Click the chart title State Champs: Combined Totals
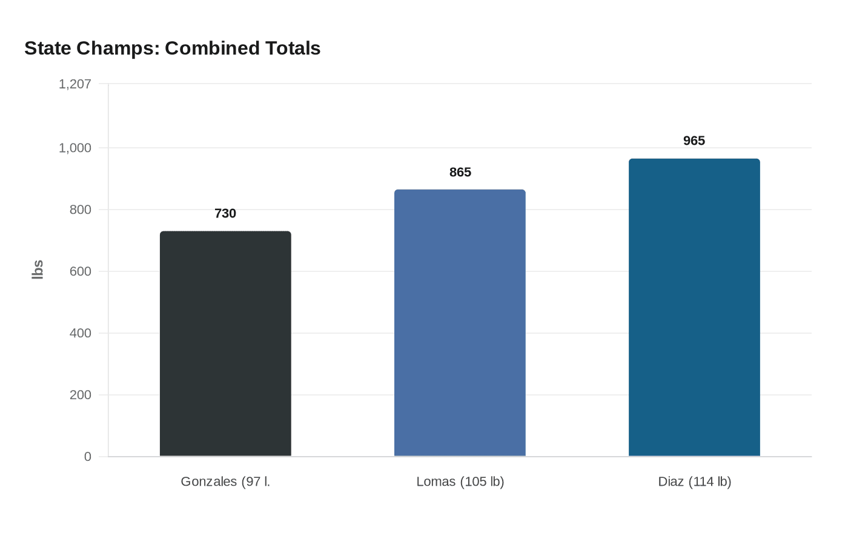click(173, 48)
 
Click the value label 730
click(225, 213)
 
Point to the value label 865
click(460, 173)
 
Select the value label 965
click(694, 141)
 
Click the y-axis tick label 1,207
click(75, 84)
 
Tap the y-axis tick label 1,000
click(75, 148)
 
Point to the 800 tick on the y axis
click(80, 210)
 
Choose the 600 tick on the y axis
click(80, 271)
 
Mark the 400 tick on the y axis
click(80, 333)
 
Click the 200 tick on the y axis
click(80, 395)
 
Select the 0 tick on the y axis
click(88, 457)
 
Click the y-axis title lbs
click(38, 270)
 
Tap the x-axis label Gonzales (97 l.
click(225, 482)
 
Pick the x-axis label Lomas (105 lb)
click(460, 482)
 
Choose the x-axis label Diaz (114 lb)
click(695, 482)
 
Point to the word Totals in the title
click(292, 48)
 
